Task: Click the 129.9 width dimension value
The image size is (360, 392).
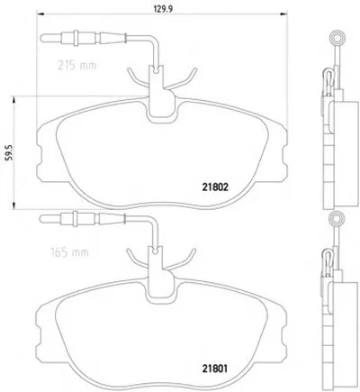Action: pos(163,8)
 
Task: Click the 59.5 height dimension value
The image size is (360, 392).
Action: pos(8,152)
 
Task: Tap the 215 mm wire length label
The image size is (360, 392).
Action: pos(77,65)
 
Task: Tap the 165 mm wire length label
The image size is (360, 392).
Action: pos(68,252)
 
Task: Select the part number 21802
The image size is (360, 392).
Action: pos(215,187)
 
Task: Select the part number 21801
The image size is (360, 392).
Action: pos(215,369)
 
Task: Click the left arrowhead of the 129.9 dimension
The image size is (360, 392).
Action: pos(40,14)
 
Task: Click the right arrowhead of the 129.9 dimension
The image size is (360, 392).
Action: pos(283,14)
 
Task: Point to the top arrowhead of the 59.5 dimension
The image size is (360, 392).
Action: pos(13,100)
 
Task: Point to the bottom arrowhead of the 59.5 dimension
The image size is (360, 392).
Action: pos(13,205)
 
